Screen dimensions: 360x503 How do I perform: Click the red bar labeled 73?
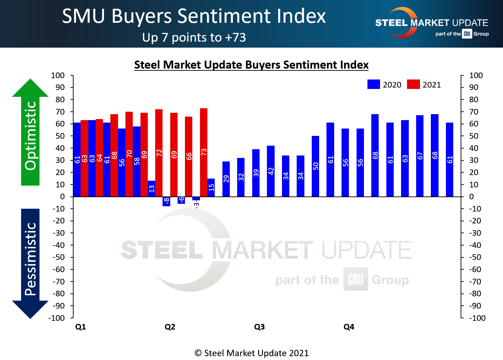(x=204, y=152)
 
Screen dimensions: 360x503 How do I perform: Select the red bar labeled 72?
(x=159, y=153)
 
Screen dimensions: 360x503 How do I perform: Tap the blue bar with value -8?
(x=166, y=201)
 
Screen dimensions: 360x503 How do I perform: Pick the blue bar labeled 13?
(x=151, y=188)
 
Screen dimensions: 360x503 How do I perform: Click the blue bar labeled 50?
(x=315, y=166)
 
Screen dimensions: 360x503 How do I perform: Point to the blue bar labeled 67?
(x=420, y=156)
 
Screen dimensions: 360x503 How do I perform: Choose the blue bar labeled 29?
(x=226, y=179)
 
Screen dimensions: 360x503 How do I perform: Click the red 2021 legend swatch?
(x=413, y=84)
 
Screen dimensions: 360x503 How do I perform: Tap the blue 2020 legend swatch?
(x=373, y=84)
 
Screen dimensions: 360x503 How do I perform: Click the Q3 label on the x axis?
(x=259, y=327)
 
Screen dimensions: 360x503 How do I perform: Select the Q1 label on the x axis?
(x=81, y=327)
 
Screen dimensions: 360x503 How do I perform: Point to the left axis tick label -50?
(x=58, y=257)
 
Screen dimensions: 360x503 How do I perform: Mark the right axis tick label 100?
(x=476, y=75)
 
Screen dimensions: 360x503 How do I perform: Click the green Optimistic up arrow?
(x=30, y=133)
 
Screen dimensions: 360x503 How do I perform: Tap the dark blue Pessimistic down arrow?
(x=30, y=263)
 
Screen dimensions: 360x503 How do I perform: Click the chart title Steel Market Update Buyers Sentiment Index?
(x=251, y=65)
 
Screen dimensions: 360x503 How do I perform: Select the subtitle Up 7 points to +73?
(x=194, y=37)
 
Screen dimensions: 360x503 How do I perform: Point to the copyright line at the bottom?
(x=251, y=353)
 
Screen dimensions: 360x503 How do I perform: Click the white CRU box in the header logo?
(x=467, y=34)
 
